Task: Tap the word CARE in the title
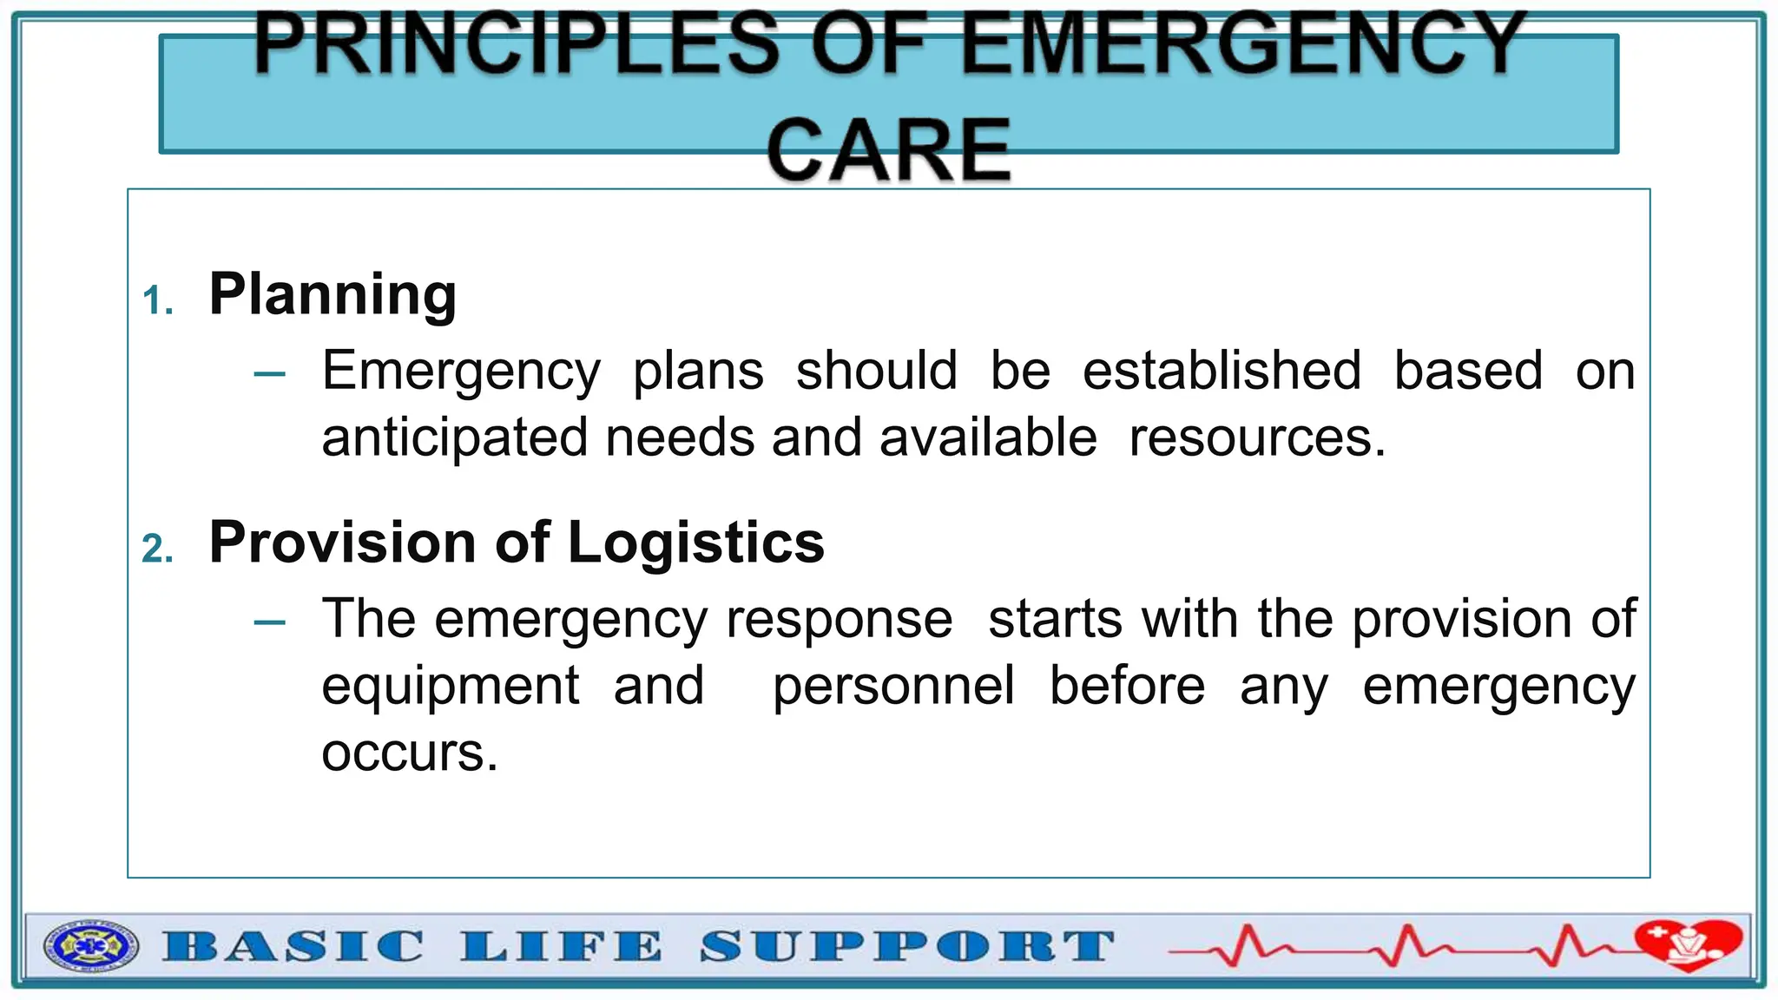pyautogui.click(x=888, y=150)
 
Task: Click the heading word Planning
pyautogui.click(x=333, y=295)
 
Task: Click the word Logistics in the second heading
pyautogui.click(x=695, y=543)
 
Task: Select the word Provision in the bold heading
pyautogui.click(x=343, y=543)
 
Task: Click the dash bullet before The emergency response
pyautogui.click(x=270, y=622)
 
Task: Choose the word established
pyautogui.click(x=1222, y=371)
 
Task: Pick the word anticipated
pyautogui.click(x=453, y=437)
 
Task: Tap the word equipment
pyautogui.click(x=450, y=687)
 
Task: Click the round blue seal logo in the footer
pyautogui.click(x=90, y=946)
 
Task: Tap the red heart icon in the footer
pyautogui.click(x=1688, y=944)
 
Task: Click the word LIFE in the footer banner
pyautogui.click(x=561, y=946)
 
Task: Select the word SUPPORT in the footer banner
pyautogui.click(x=906, y=946)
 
